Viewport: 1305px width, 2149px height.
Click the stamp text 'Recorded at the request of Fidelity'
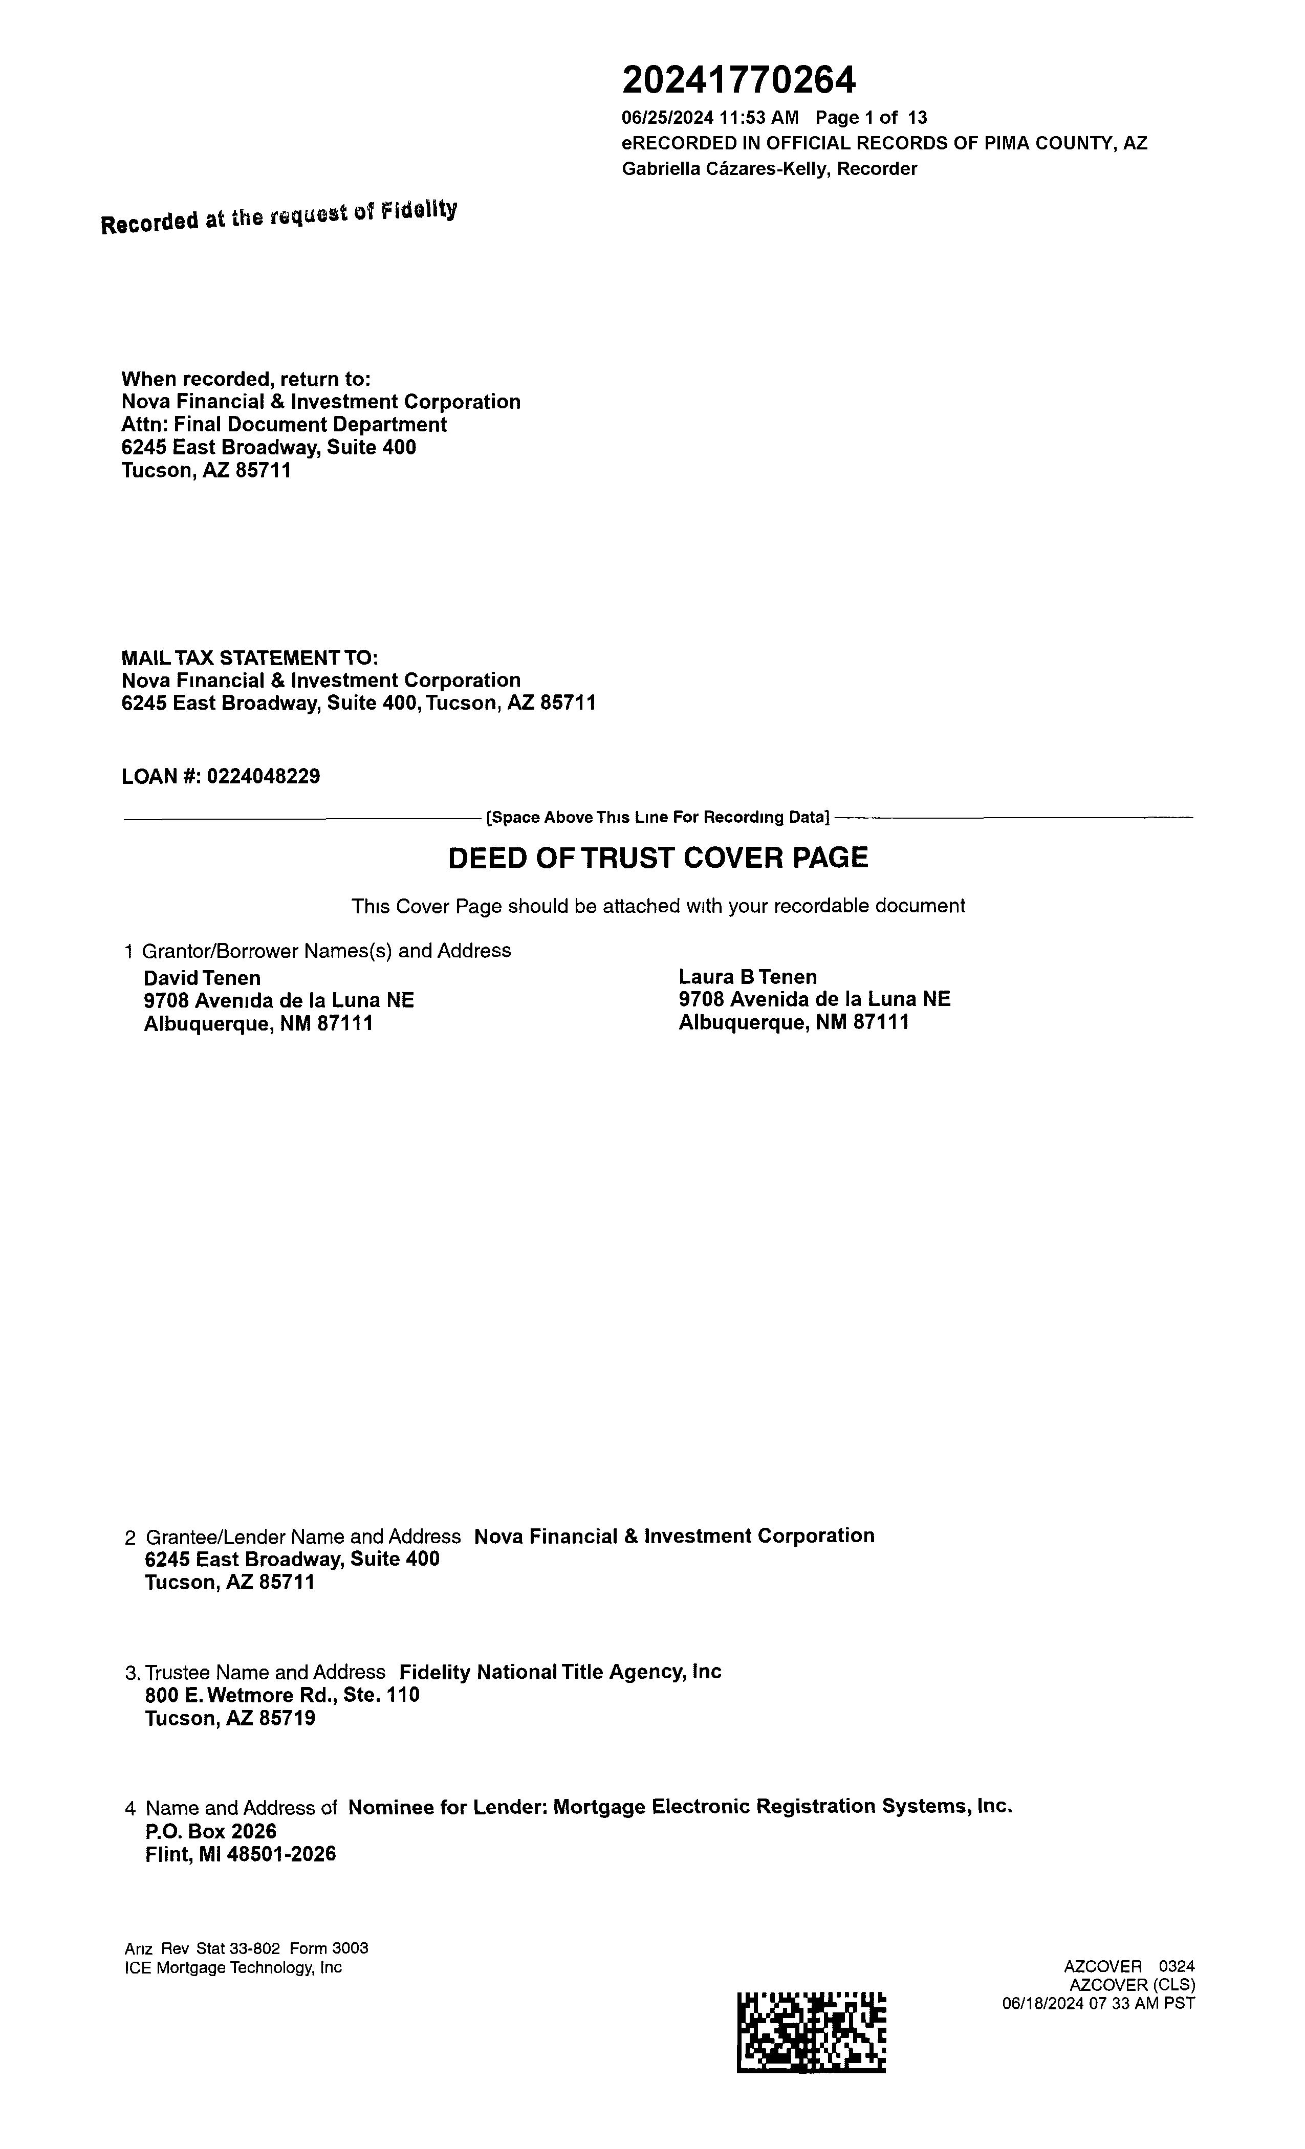tap(278, 217)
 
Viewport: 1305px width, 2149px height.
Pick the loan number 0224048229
tap(263, 776)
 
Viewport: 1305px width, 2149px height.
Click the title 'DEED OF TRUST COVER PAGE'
tap(658, 858)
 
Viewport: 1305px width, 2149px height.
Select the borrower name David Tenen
tap(202, 978)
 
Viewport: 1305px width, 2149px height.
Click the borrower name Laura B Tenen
tap(748, 977)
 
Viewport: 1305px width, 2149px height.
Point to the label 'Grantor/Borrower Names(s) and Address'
tap(327, 951)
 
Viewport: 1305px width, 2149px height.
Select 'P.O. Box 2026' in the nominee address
tap(210, 1831)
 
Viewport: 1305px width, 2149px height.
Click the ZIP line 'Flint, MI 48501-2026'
tap(240, 1854)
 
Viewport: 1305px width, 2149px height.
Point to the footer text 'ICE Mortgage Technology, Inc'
tap(233, 1967)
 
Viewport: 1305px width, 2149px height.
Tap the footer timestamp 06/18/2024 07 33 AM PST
tap(1098, 2003)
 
